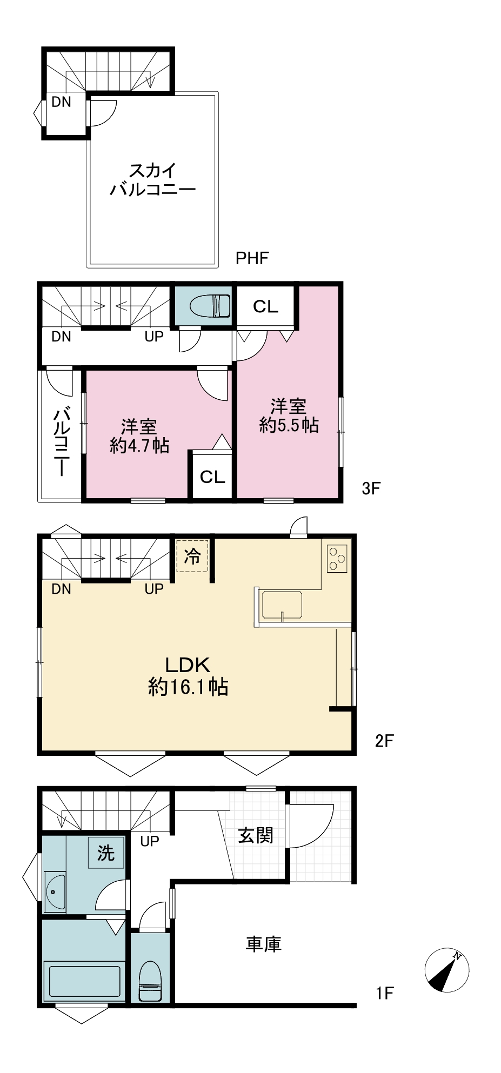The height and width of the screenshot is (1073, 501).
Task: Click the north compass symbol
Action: point(446,970)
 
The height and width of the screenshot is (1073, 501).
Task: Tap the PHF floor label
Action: point(252,258)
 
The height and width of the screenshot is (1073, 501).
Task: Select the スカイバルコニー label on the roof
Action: point(153,180)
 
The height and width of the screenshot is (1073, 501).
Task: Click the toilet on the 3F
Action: point(210,306)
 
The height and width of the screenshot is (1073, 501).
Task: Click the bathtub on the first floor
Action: point(84,982)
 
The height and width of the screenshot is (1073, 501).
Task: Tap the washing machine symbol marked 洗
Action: point(106,853)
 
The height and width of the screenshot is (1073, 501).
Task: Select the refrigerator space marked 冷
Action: point(192,556)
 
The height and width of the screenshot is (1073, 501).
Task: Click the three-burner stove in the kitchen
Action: point(337,558)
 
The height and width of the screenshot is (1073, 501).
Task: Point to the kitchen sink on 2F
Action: point(282,605)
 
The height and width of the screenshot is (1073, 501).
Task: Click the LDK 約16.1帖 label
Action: point(188,675)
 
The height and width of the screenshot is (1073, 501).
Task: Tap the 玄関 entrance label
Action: point(256,835)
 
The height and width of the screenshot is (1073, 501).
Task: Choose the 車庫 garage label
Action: point(263,944)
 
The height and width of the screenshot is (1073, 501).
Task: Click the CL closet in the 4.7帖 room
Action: point(212,477)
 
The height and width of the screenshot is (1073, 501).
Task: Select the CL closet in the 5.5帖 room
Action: point(265,306)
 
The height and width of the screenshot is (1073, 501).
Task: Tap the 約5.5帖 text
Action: point(289,425)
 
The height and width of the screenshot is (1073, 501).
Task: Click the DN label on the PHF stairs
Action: point(61,102)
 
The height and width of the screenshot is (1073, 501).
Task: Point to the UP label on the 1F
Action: point(150,841)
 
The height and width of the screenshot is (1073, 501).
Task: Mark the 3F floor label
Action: point(371,488)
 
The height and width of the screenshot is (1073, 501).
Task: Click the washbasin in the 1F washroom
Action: point(55,891)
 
